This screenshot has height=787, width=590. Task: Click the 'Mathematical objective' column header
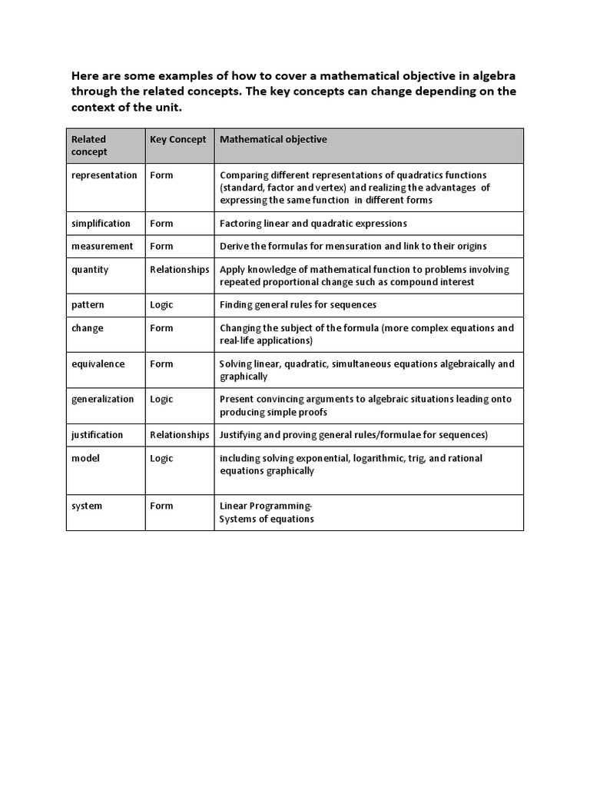[x=273, y=139]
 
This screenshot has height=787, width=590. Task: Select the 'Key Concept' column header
[x=178, y=139]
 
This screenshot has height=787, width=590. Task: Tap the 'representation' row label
[x=104, y=175]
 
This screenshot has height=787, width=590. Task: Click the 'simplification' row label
[x=101, y=223]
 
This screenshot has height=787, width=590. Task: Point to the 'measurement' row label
[x=101, y=246]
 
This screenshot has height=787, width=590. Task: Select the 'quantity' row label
[x=90, y=270]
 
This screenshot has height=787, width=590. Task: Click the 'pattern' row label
[x=88, y=305]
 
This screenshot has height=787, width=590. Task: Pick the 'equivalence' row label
[x=98, y=364]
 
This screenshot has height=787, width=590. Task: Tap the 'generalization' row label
[x=102, y=399]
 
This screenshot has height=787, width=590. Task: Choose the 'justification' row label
[x=97, y=435]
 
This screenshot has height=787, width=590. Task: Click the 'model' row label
[x=85, y=458]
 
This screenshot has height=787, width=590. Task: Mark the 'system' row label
[x=87, y=506]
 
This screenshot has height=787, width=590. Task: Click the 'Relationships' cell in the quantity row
[x=180, y=270]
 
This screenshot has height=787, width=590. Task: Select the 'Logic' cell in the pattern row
[x=161, y=305]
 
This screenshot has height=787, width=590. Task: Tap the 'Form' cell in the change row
[x=161, y=328]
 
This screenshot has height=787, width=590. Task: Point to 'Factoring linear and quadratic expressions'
[x=313, y=223]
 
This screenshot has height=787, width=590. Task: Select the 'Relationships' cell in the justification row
[x=180, y=435]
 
